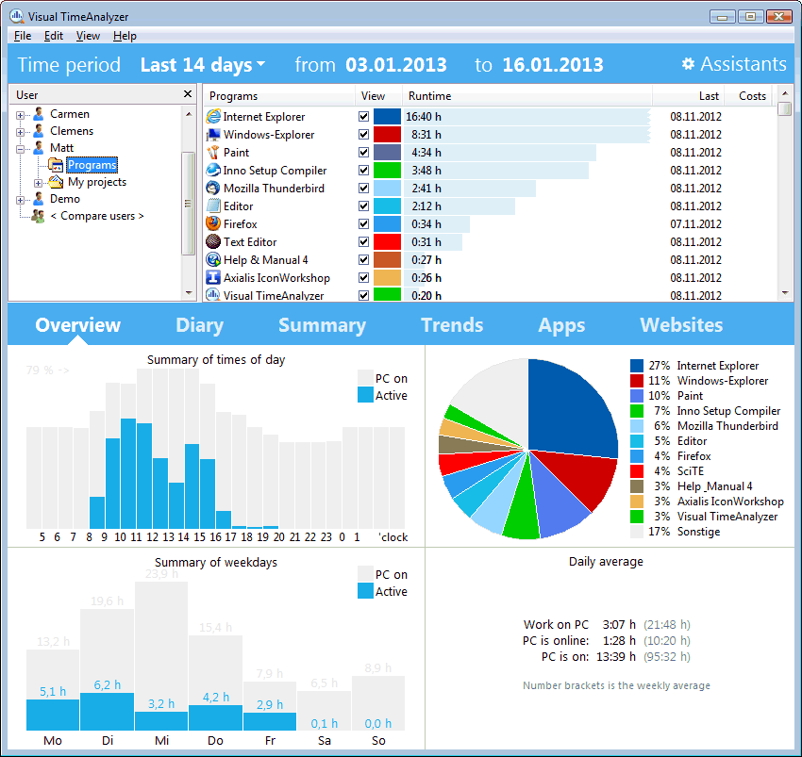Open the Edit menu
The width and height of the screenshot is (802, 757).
53,36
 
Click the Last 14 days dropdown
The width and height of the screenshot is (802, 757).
202,65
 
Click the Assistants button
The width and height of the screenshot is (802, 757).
734,64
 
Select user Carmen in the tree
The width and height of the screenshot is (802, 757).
69,114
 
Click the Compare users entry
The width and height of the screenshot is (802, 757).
96,216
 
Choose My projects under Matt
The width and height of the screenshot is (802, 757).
96,182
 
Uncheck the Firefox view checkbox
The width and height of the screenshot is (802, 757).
364,224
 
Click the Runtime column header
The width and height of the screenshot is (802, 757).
429,96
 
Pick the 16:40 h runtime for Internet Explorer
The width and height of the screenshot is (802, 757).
424,117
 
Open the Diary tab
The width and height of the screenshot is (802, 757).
199,325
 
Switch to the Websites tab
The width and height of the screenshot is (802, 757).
681,325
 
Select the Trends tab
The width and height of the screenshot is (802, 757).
452,325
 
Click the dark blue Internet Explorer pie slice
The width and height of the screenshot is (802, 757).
571,405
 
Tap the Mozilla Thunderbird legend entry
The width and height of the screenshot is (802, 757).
727,426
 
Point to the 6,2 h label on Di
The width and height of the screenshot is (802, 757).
107,685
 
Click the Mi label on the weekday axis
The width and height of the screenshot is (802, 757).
161,741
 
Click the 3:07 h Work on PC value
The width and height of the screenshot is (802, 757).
618,625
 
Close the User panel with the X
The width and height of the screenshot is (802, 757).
187,95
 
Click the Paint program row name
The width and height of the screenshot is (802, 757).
236,153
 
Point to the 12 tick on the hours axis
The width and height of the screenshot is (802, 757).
153,537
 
